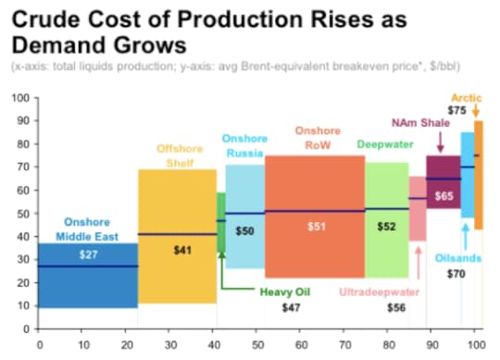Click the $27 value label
tap(88, 254)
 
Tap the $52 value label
tap(387, 226)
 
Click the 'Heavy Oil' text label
tap(284, 292)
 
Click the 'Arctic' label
tap(466, 96)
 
